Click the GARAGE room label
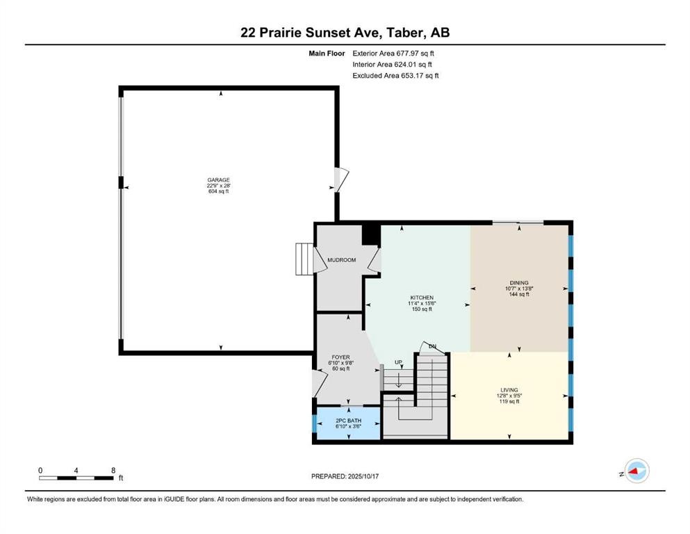(218, 179)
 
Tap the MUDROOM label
(341, 260)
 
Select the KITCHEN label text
(421, 298)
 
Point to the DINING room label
(518, 283)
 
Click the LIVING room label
(509, 390)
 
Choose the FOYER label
(340, 357)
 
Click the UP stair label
(398, 362)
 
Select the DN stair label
(432, 346)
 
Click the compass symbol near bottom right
(636, 472)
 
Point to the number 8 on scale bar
(113, 470)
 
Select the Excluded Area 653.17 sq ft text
(396, 75)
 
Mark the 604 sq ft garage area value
(218, 191)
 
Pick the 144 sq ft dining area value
(518, 294)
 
